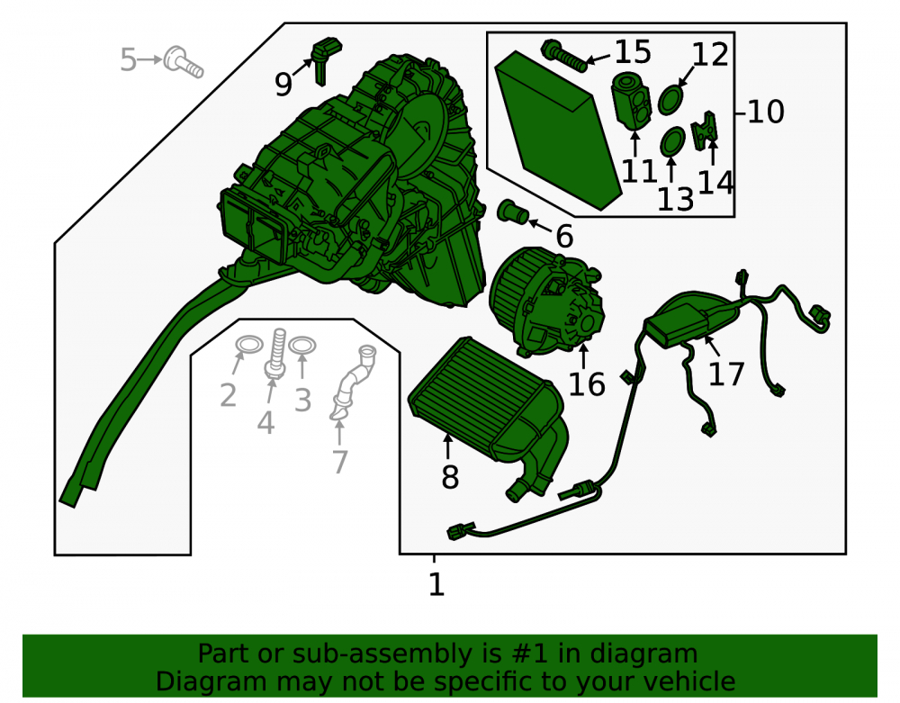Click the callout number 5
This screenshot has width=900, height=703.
coord(128,59)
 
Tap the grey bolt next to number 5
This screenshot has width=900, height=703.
coord(183,62)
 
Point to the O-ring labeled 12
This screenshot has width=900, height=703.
coord(671,100)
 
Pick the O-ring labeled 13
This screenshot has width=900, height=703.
coord(672,141)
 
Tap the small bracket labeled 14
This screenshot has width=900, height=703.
coord(705,131)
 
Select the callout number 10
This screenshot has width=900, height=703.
coord(766,112)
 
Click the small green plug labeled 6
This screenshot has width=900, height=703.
coord(513,212)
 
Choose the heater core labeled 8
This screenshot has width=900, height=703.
coord(488,413)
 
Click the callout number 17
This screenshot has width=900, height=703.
coord(726,374)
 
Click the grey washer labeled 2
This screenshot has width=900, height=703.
coord(249,346)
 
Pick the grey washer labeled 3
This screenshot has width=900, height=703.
coord(301,346)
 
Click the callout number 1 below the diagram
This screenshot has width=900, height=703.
coord(436,585)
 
